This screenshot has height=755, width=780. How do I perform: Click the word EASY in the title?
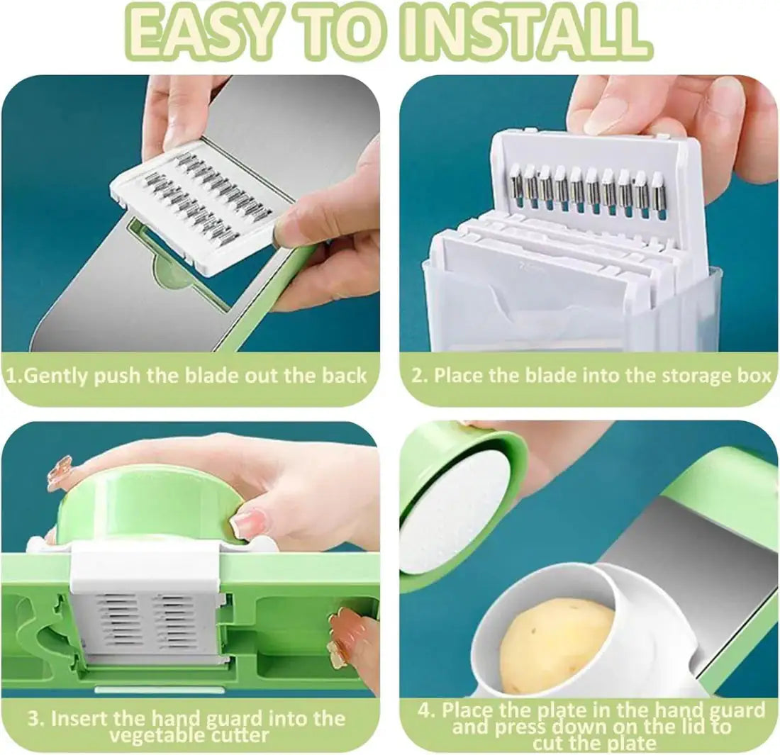200,32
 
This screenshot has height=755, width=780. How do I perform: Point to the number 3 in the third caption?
33,717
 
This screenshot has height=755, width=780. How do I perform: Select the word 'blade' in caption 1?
213,375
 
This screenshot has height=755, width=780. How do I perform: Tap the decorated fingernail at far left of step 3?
59,471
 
